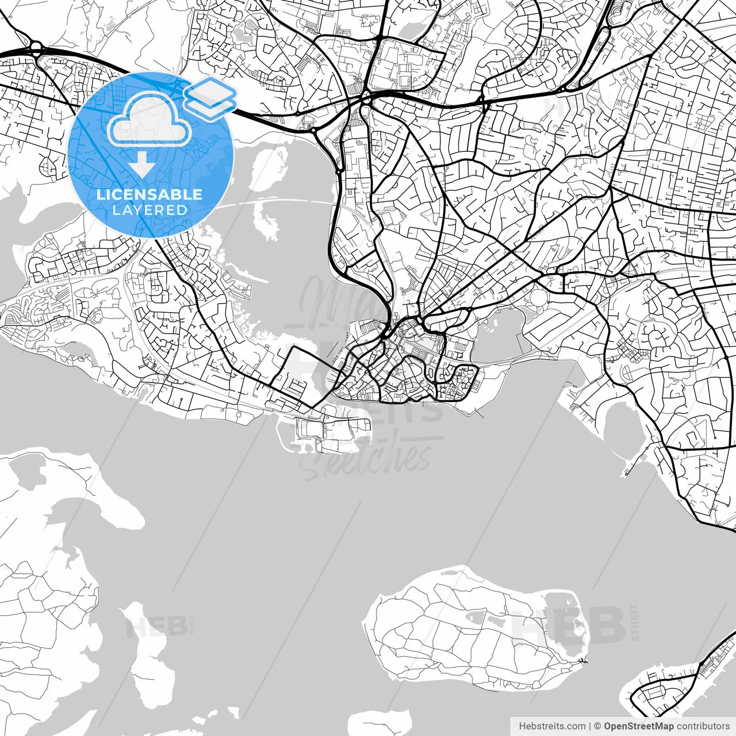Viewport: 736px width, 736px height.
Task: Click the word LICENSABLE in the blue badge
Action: click(149, 194)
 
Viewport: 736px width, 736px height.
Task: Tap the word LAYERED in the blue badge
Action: click(149, 210)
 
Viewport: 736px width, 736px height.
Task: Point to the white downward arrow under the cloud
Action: click(141, 166)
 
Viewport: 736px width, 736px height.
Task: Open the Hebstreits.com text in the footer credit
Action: click(552, 726)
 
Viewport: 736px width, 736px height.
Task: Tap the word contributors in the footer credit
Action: click(703, 726)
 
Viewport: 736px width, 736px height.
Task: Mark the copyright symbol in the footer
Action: click(597, 726)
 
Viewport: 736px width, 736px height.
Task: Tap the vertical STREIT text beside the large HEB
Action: click(635, 622)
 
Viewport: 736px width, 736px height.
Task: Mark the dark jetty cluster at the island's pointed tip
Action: click(582, 661)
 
